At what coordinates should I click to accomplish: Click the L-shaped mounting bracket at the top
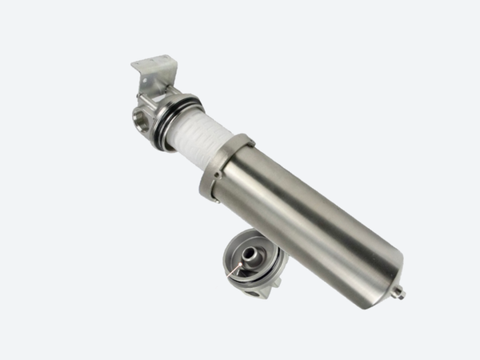153,72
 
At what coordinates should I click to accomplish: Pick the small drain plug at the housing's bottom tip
398,293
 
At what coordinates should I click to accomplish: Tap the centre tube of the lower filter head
250,254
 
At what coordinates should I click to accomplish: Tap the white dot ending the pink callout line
228,277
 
